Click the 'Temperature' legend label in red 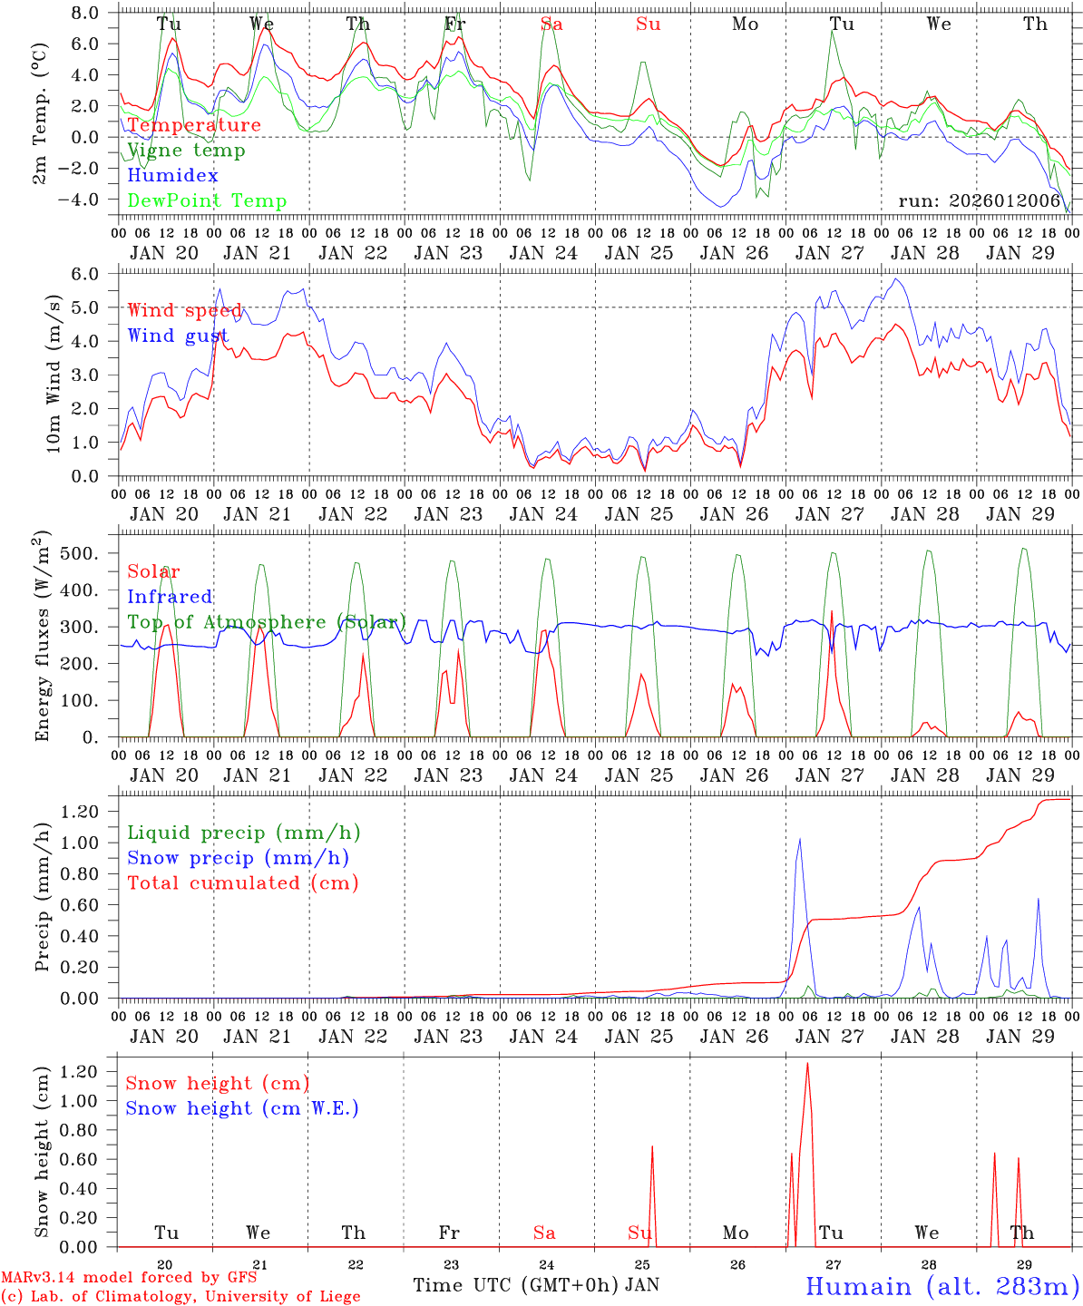(x=194, y=125)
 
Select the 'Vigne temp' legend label (x=186, y=151)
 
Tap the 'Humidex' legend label (x=172, y=176)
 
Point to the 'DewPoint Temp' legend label (x=207, y=201)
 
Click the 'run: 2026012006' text (x=980, y=201)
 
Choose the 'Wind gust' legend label (x=178, y=336)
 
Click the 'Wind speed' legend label (x=185, y=311)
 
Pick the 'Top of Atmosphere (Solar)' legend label (x=267, y=622)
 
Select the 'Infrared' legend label (x=170, y=597)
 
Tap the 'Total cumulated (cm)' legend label (x=243, y=883)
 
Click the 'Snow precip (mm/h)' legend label (x=239, y=858)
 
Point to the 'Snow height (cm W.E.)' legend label (x=242, y=1108)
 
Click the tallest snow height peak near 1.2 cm (x=807, y=1064)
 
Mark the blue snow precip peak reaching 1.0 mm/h (x=799, y=840)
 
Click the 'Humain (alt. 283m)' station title (x=942, y=1286)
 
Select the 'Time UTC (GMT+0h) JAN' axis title (x=536, y=1285)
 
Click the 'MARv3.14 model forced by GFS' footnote (x=129, y=1278)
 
